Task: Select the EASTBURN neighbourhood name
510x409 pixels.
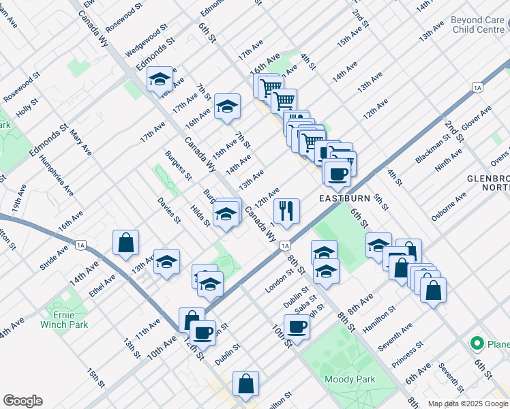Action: click(x=345, y=198)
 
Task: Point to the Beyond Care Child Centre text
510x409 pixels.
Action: click(x=477, y=25)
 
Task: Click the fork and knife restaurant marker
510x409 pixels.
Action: click(x=286, y=211)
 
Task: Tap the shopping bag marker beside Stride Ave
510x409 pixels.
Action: click(x=126, y=243)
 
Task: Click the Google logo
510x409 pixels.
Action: click(x=22, y=401)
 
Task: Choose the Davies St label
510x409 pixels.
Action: click(x=168, y=210)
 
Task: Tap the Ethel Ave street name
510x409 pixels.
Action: click(x=103, y=287)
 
